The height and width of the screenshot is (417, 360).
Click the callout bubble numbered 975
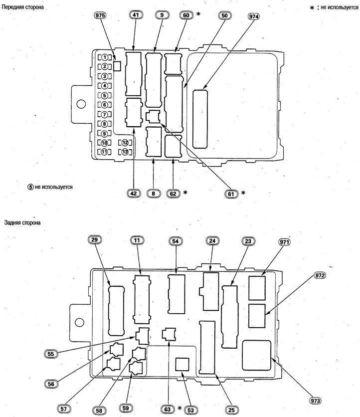pyautogui.click(x=100, y=15)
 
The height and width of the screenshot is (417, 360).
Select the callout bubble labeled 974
pyautogui.click(x=254, y=16)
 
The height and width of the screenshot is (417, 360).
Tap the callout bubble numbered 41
pyautogui.click(x=136, y=14)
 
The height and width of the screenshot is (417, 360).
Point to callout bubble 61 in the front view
pyautogui.click(x=231, y=194)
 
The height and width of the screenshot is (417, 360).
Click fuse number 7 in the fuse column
pyautogui.click(x=105, y=115)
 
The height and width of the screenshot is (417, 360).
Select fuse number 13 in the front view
pyautogui.click(x=125, y=152)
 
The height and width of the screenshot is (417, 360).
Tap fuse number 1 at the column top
pyautogui.click(x=105, y=57)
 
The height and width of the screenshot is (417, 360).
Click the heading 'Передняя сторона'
pyautogui.click(x=22, y=7)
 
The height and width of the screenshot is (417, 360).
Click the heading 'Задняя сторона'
pyautogui.click(x=22, y=222)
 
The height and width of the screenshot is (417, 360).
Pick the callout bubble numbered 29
pyautogui.click(x=94, y=239)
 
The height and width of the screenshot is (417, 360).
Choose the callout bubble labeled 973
pyautogui.click(x=315, y=400)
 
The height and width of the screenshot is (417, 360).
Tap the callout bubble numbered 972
pyautogui.click(x=319, y=275)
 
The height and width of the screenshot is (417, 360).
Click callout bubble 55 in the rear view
pyautogui.click(x=50, y=354)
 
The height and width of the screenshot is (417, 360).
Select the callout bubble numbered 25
pyautogui.click(x=231, y=410)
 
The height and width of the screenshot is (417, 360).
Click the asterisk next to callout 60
pyautogui.click(x=198, y=13)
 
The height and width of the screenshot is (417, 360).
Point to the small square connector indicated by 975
pyautogui.click(x=117, y=66)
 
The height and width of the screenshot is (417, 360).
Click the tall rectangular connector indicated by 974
pyautogui.click(x=200, y=119)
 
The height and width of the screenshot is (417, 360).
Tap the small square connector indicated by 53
pyautogui.click(x=182, y=364)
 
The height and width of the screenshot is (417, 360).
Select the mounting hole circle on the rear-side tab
pyautogui.click(x=79, y=323)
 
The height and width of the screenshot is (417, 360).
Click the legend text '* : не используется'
pyautogui.click(x=334, y=7)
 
